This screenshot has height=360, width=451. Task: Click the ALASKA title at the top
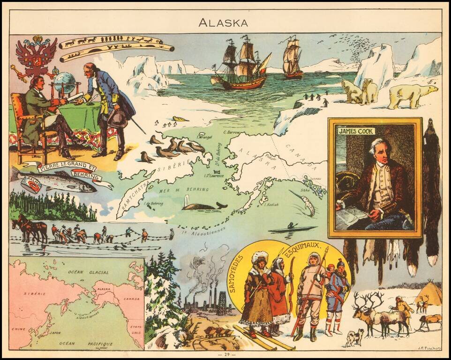coord(223,22)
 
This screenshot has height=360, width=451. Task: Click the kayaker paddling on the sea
coord(292,228)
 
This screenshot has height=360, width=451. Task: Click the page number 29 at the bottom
coord(225,354)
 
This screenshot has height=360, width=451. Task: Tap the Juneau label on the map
coord(311,178)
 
